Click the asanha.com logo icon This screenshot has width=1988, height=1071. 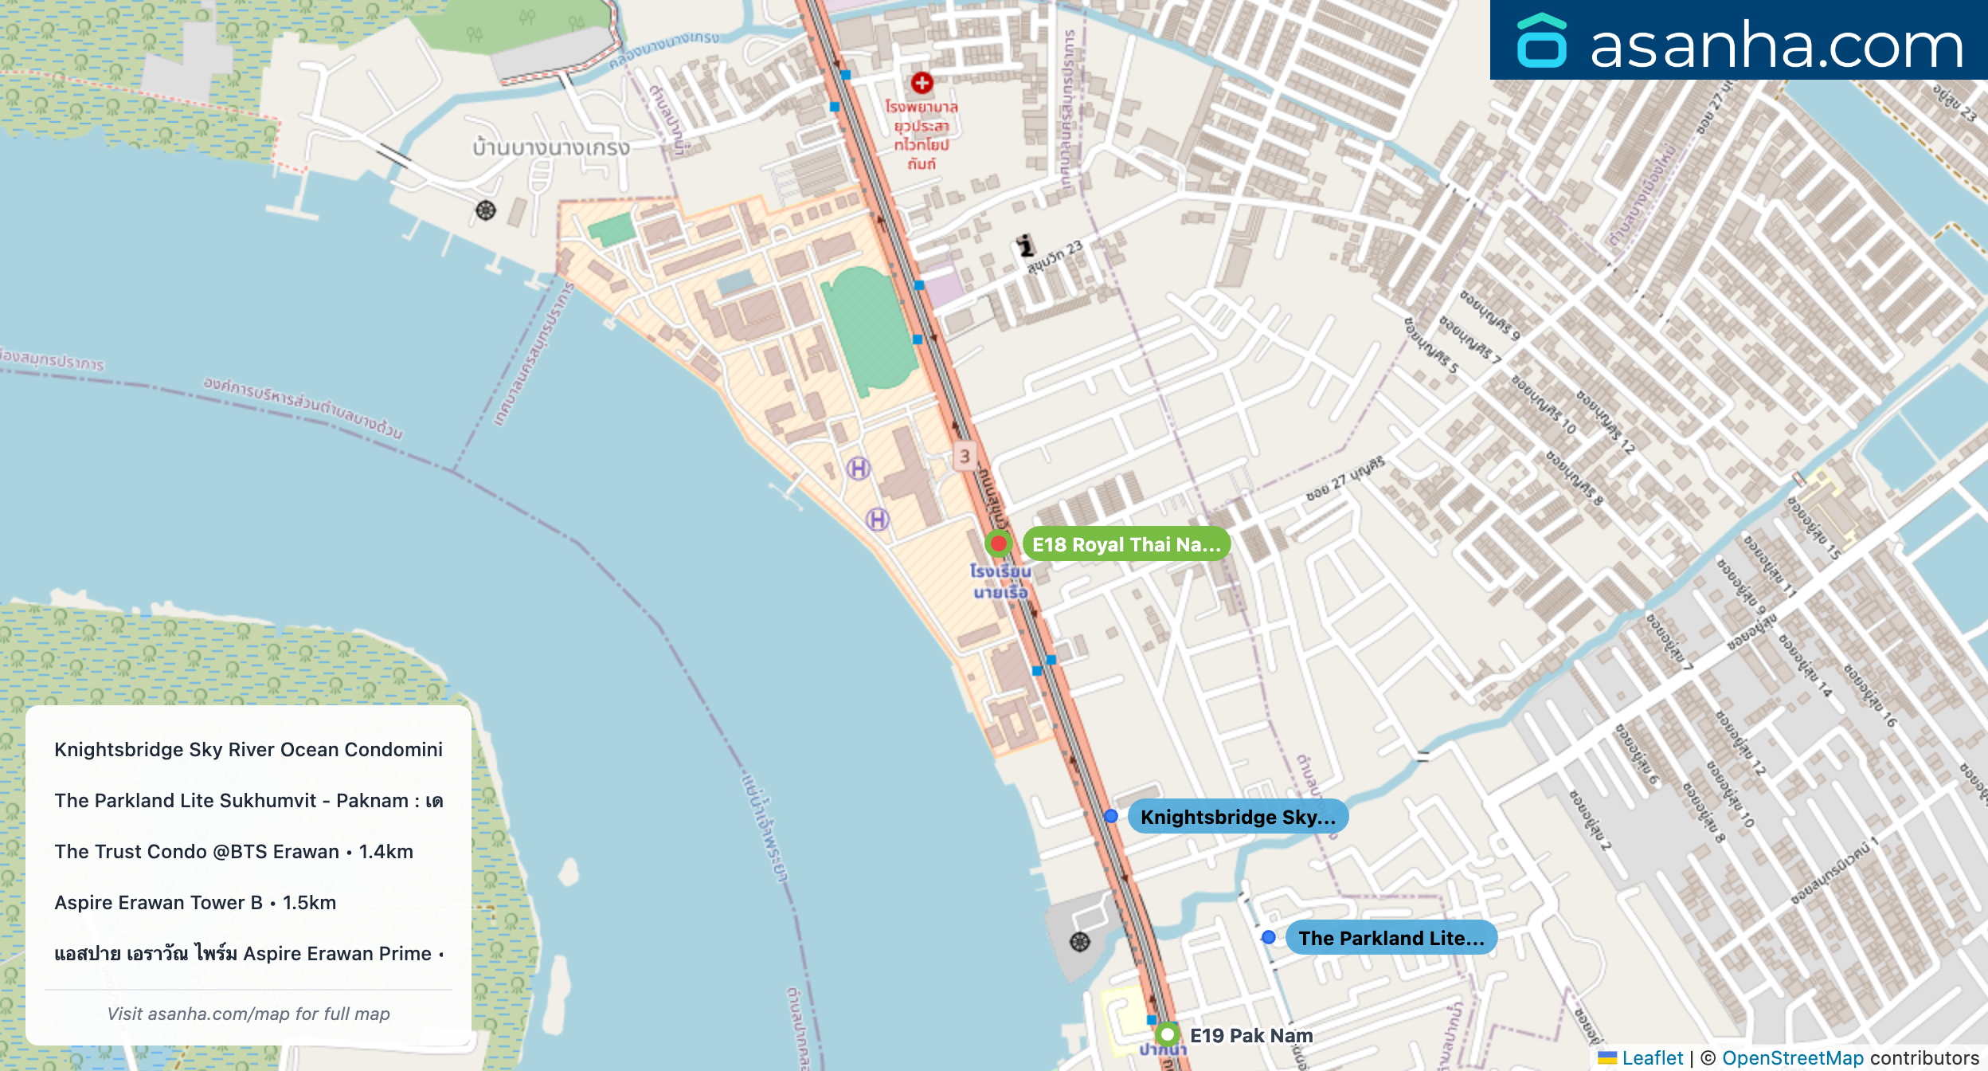tap(1541, 41)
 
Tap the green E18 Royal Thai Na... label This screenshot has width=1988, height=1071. tap(1126, 544)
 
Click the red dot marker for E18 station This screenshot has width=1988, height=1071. tap(998, 543)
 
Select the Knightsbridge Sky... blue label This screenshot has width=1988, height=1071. tap(1238, 817)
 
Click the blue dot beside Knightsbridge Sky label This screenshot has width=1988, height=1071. tap(1111, 816)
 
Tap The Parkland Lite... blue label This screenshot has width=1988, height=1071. tap(1391, 938)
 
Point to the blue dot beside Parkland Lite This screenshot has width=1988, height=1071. tap(1269, 937)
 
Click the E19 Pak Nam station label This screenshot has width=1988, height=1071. tap(1250, 1035)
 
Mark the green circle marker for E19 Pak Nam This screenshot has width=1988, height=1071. tap(1168, 1034)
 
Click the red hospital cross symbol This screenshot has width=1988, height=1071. tap(922, 83)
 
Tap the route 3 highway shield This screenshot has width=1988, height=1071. tap(965, 456)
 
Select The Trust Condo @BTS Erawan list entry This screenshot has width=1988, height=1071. tap(233, 851)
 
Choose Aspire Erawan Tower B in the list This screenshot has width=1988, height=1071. tap(195, 902)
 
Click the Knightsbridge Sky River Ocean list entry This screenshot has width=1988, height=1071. tap(248, 749)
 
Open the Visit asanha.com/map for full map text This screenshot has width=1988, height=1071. tap(248, 1014)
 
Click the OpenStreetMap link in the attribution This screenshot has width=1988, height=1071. tap(1792, 1057)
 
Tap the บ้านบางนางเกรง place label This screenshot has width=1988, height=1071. tap(550, 147)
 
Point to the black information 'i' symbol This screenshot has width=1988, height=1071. tap(1026, 245)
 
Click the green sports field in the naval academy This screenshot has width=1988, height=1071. tap(869, 331)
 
